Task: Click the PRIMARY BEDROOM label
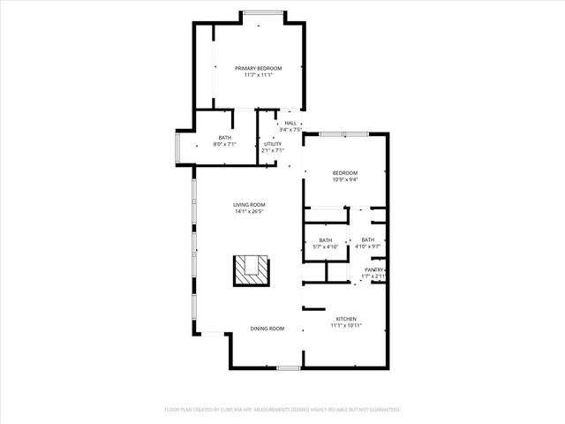[x=258, y=68]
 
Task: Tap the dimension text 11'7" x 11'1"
[x=258, y=75]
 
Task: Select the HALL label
[x=290, y=123]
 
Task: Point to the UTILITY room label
[x=272, y=143]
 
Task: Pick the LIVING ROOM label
[x=250, y=205]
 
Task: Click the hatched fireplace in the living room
[x=250, y=269]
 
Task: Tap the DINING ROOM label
[x=267, y=329]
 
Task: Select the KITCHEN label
[x=346, y=318]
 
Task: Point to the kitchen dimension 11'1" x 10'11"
[x=346, y=325]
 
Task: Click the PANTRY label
[x=374, y=269]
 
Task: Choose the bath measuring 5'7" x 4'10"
[x=326, y=243]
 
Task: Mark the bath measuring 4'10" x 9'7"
[x=367, y=243]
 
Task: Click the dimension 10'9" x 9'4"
[x=345, y=179]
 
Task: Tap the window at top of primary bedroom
[x=263, y=12]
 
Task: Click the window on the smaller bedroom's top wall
[x=344, y=133]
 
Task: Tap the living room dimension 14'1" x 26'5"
[x=250, y=212]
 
